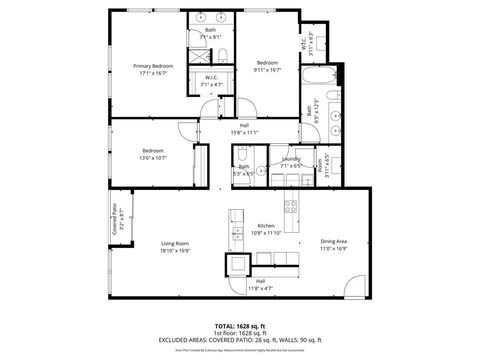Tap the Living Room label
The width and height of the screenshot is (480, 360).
[175, 243]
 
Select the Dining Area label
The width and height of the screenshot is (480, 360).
[334, 241]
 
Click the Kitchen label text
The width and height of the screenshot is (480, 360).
[266, 226]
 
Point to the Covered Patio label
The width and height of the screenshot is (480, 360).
[114, 211]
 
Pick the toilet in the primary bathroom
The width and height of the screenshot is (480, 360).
[224, 56]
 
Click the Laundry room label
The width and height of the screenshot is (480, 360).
[291, 158]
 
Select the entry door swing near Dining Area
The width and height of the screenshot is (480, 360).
[352, 286]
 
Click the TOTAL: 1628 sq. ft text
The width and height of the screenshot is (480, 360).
[240, 326]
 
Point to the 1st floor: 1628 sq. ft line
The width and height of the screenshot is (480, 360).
[240, 334]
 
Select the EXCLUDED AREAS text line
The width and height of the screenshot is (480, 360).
[240, 341]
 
